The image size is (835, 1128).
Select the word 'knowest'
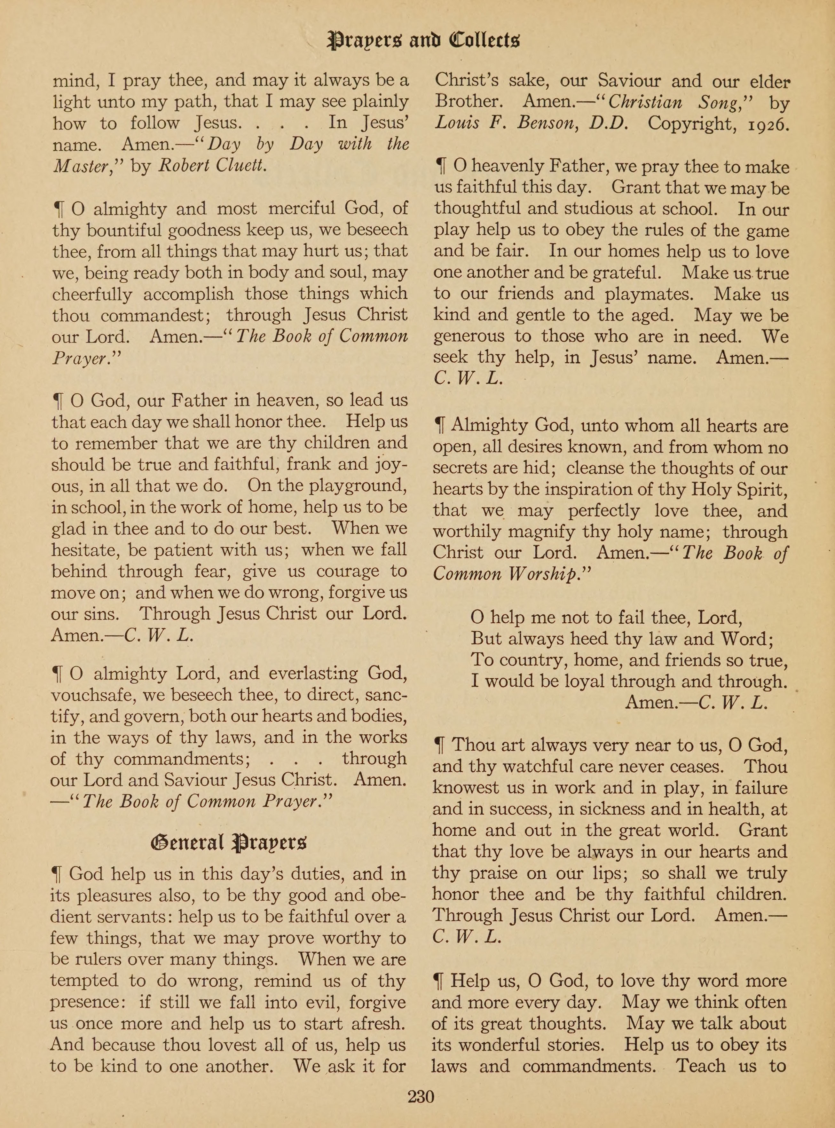(462, 788)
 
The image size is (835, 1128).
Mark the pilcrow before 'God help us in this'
(57, 874)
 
